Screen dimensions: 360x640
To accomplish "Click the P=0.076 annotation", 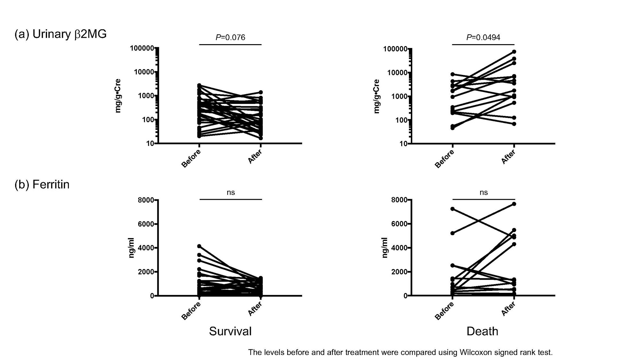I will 230,37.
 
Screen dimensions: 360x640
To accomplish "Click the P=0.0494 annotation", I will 483,37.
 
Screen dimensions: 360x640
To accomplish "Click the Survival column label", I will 230,331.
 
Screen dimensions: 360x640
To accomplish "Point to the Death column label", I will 482,331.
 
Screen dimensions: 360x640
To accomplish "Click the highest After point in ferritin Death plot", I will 514,204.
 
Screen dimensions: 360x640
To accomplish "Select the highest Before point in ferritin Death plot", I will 452,209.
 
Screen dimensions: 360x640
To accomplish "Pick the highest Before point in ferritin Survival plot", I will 199,246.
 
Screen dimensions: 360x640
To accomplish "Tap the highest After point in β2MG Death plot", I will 514,52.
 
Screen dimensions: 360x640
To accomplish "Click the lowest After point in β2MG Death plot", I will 514,124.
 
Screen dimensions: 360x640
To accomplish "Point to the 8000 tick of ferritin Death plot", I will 399,200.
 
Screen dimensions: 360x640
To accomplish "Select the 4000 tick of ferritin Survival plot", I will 146,248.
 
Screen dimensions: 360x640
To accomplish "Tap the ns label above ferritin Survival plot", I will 230,192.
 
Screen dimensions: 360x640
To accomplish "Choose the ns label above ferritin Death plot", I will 483,192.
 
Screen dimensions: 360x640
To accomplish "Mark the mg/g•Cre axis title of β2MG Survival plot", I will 118,96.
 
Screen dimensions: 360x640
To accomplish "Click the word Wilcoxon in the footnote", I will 475,352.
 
